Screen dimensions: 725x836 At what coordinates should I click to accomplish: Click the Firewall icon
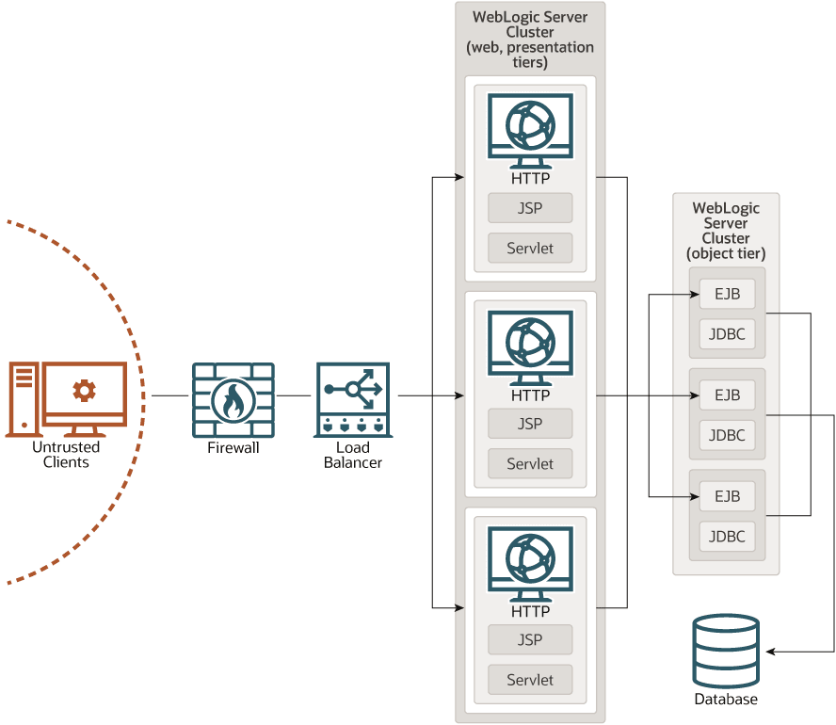point(233,399)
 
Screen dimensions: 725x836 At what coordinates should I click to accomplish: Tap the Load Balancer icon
point(353,399)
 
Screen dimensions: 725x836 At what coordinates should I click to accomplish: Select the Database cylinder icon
point(725,652)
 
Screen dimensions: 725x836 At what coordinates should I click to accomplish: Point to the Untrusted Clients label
point(66,455)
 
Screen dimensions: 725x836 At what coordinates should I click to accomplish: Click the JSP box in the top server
point(530,208)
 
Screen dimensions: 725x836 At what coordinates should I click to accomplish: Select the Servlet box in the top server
point(530,249)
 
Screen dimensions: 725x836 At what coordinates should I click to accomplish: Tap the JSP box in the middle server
point(530,424)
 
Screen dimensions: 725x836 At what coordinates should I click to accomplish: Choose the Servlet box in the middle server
point(530,463)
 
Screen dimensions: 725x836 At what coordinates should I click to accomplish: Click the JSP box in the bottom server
point(530,639)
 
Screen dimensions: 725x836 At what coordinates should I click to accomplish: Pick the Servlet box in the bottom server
point(530,679)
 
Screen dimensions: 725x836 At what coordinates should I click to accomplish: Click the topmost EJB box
point(728,294)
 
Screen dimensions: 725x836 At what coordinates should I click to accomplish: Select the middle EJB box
point(728,395)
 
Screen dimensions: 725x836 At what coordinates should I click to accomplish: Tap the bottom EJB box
point(728,496)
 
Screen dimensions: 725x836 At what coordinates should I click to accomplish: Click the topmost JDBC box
point(728,333)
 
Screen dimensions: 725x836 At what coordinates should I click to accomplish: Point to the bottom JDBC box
point(728,537)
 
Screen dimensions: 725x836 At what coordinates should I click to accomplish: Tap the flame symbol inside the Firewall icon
point(233,401)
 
